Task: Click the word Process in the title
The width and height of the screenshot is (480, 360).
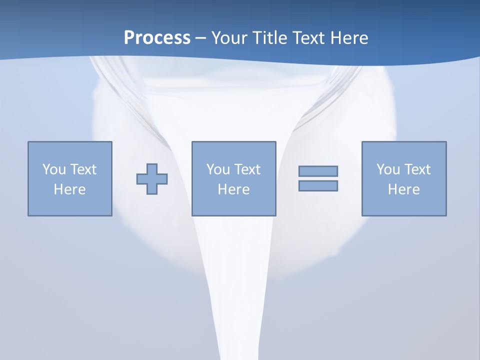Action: tap(157, 38)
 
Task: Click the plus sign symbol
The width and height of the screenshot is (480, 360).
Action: tap(152, 178)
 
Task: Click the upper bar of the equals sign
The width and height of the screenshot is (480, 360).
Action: tap(318, 171)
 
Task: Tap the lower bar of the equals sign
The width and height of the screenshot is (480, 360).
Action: tap(318, 185)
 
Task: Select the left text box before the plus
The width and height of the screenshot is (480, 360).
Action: tap(70, 178)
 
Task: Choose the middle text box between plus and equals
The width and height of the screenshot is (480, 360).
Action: tap(233, 178)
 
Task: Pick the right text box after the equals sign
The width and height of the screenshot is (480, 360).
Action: tap(403, 178)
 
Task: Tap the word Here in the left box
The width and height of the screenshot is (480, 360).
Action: tap(69, 189)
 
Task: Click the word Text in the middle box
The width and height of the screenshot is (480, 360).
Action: tap(247, 169)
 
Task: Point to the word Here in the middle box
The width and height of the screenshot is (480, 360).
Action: tap(233, 189)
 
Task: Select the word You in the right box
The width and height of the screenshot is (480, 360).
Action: tap(388, 169)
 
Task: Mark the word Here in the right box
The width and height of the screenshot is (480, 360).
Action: tap(403, 189)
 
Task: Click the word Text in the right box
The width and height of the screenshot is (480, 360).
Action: tap(417, 169)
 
